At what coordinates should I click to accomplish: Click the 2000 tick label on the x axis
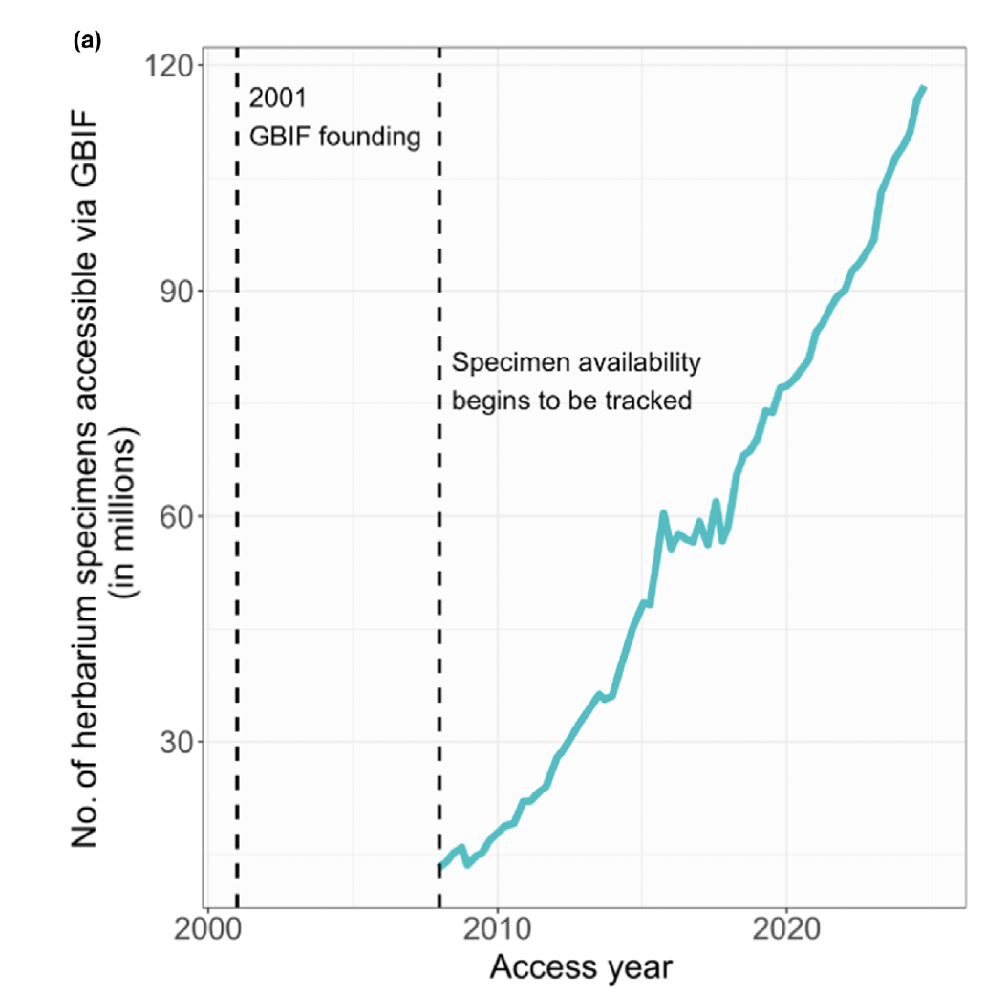[x=207, y=929]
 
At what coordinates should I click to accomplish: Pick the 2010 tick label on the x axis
[x=497, y=929]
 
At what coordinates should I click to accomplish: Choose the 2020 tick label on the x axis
[x=785, y=929]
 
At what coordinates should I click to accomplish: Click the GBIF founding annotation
[x=334, y=137]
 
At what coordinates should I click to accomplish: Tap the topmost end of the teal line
[x=923, y=88]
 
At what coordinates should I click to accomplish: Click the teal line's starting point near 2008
[x=440, y=867]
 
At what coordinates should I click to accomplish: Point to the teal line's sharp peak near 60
[x=662, y=513]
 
